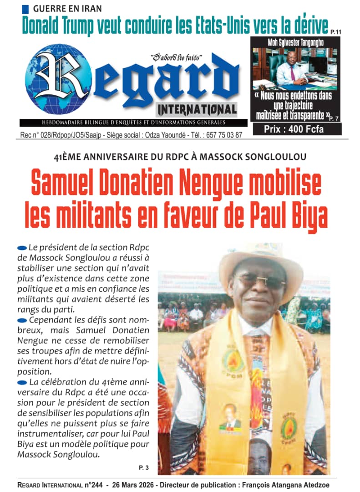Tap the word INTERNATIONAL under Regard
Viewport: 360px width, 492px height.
pyautogui.click(x=197, y=109)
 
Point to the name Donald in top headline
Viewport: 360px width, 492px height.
pyautogui.click(x=48, y=25)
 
